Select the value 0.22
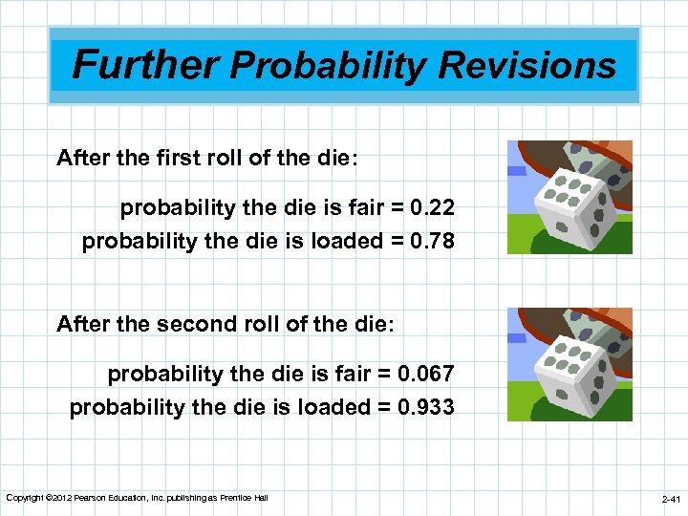tap(434, 207)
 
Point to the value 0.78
tap(434, 241)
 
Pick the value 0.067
tap(427, 374)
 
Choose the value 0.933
tap(427, 407)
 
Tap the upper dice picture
tap(570, 197)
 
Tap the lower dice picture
tap(570, 364)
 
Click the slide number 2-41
tap(671, 499)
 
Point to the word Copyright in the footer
tap(23, 498)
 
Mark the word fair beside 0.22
tap(359, 207)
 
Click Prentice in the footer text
tap(238, 498)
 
